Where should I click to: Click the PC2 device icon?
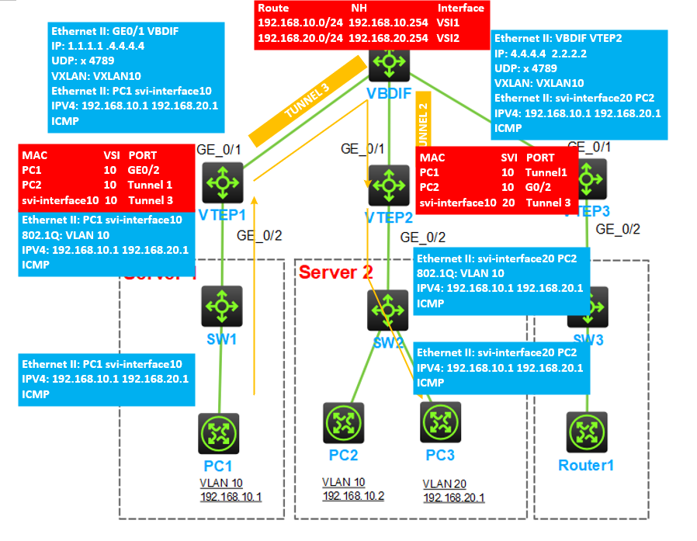[343, 422]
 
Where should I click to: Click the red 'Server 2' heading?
[336, 272]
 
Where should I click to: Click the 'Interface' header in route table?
[461, 9]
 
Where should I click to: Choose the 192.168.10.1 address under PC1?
[231, 496]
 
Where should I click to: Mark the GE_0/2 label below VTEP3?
[618, 229]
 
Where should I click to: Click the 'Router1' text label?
[586, 465]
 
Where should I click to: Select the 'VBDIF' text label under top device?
[387, 94]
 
